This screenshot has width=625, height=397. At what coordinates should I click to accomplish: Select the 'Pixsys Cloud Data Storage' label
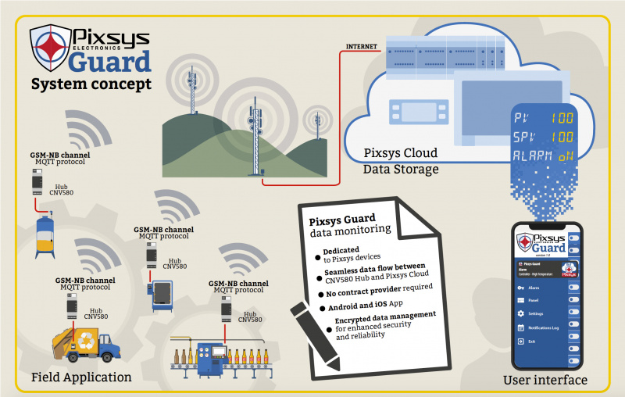click(x=401, y=160)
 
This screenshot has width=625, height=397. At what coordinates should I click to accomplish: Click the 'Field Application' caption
click(x=81, y=377)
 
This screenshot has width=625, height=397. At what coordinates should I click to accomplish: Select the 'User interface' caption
click(x=546, y=380)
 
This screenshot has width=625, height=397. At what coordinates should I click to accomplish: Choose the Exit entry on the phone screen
click(x=531, y=342)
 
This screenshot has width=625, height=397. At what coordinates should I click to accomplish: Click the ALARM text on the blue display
click(x=530, y=155)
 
